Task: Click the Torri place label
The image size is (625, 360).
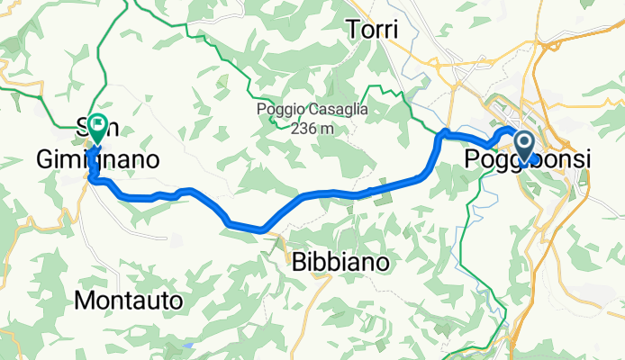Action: [372, 31]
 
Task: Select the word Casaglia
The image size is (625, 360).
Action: [331, 110]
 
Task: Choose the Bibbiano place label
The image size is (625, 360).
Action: [342, 263]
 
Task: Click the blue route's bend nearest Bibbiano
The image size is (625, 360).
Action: [262, 229]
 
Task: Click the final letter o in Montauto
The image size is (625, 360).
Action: [176, 300]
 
